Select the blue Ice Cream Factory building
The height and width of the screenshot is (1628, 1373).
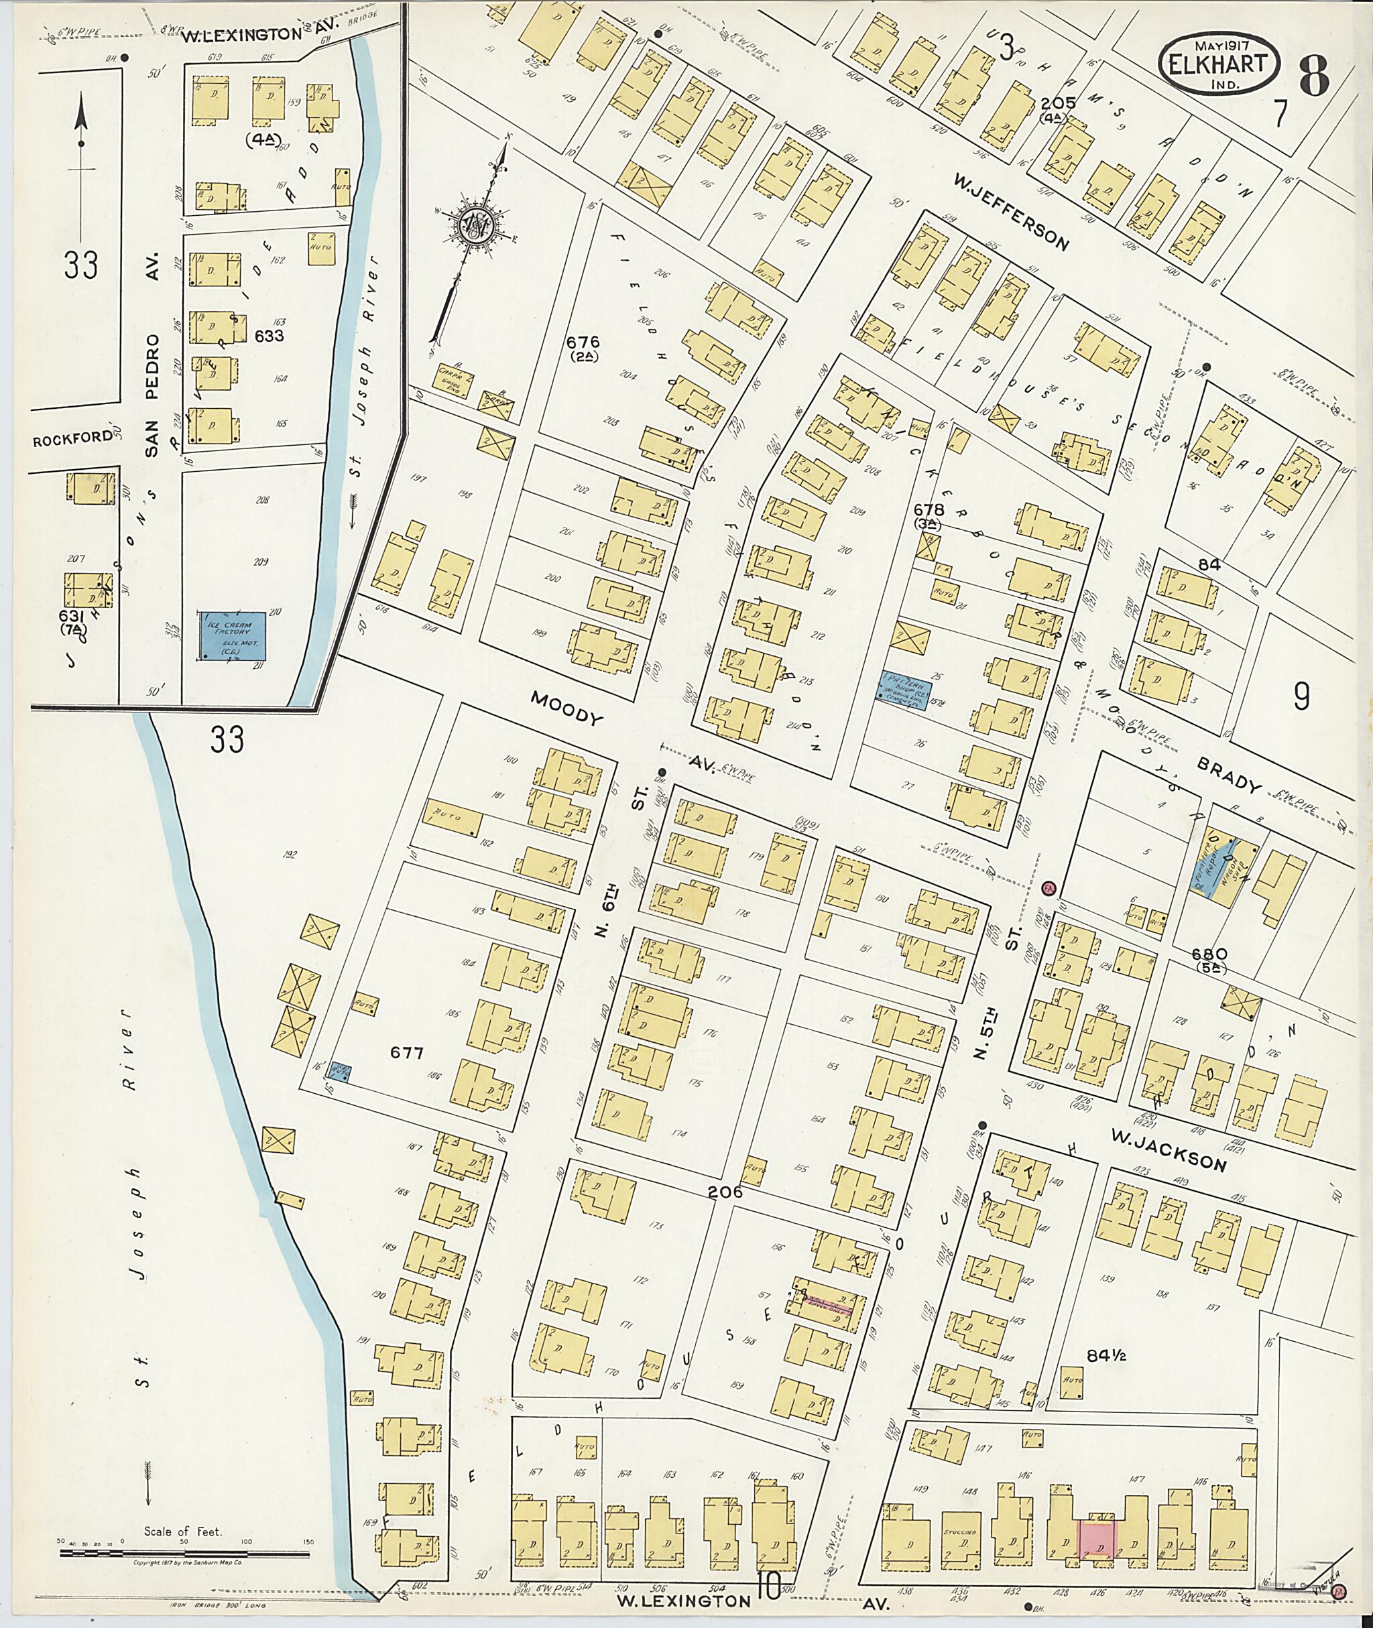tap(232, 634)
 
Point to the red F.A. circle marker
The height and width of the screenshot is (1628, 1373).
tap(1048, 889)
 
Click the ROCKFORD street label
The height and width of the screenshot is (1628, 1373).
tap(72, 438)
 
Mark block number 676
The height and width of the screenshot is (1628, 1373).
tap(583, 342)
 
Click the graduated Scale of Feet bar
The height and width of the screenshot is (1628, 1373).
tap(183, 1555)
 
